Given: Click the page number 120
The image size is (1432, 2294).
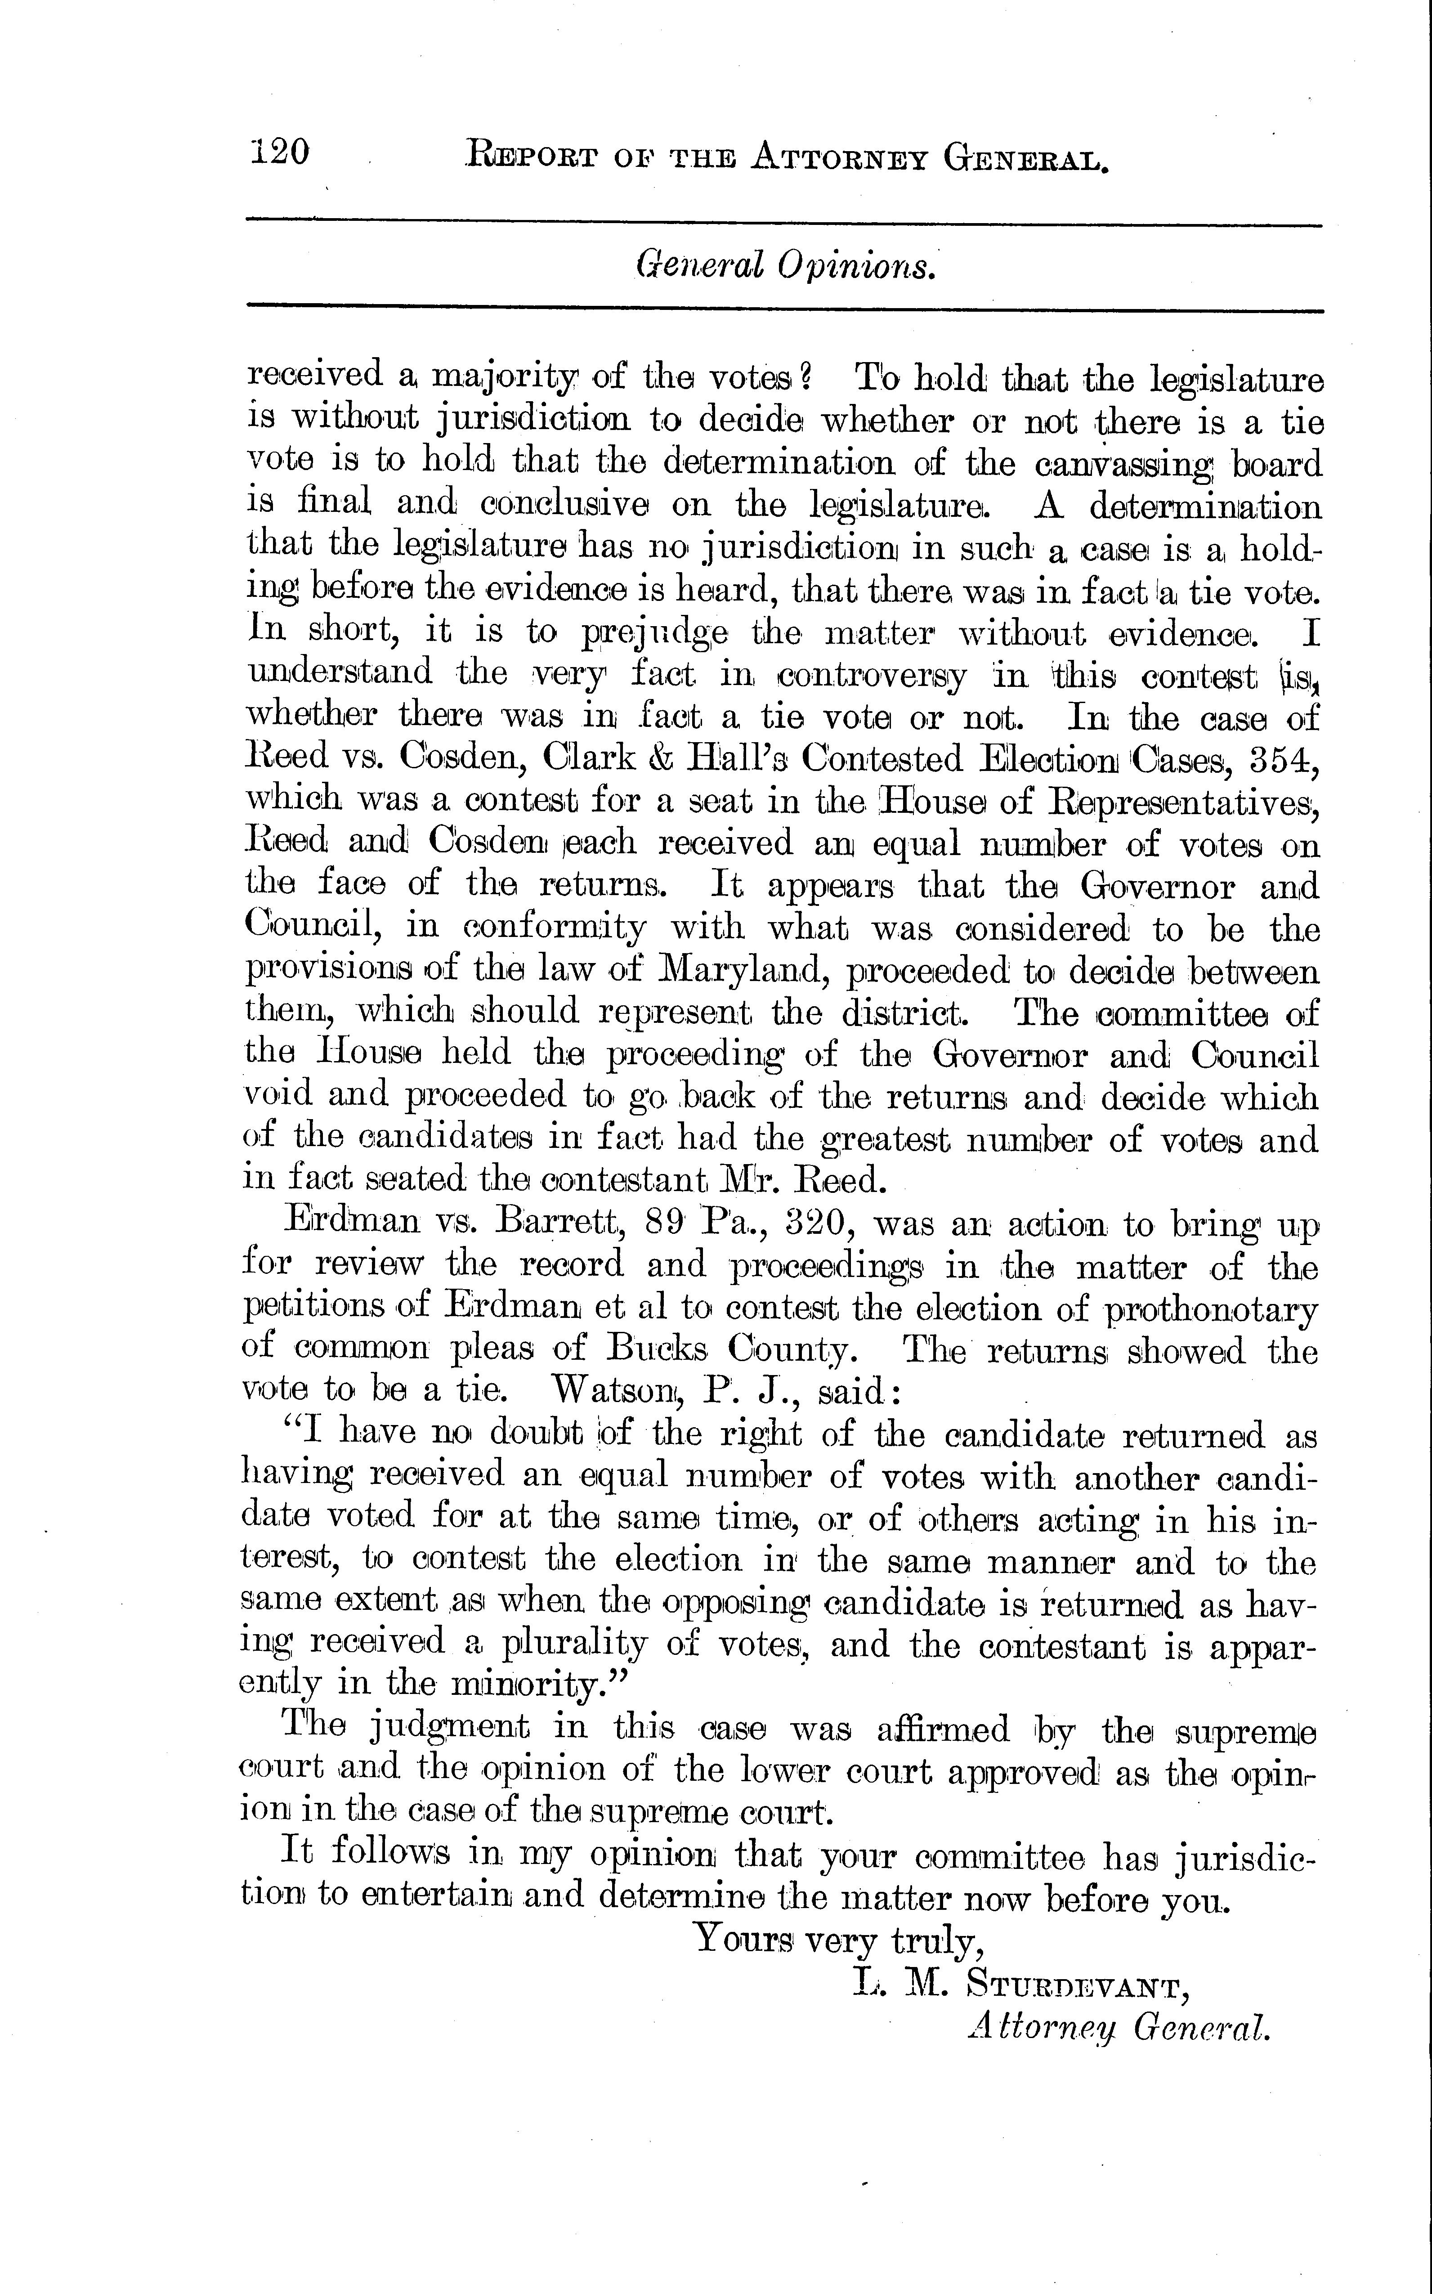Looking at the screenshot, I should click(x=280, y=152).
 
